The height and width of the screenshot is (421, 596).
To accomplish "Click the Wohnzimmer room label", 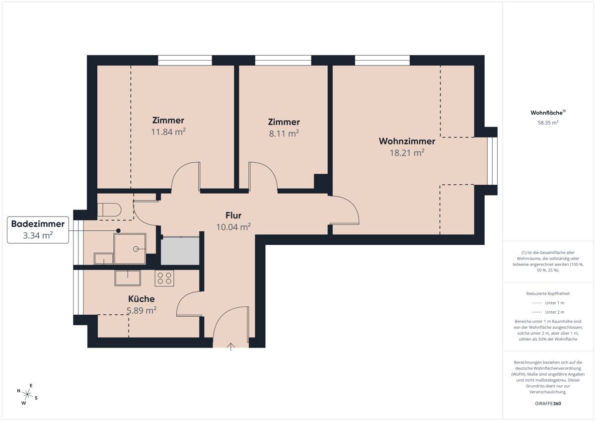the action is (x=407, y=141).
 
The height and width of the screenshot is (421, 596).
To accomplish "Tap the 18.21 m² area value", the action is (x=407, y=152).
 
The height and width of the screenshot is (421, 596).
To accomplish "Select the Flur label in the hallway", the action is (x=233, y=215).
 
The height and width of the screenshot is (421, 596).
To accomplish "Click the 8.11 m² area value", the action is (x=284, y=133).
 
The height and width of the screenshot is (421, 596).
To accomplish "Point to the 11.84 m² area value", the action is (x=168, y=132).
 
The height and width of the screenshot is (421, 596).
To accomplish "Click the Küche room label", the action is (x=141, y=299).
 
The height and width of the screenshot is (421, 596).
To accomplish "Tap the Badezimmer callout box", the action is (x=38, y=230).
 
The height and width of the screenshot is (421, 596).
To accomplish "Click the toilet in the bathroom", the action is (x=109, y=210).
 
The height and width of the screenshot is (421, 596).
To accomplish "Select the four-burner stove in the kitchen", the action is (x=164, y=278).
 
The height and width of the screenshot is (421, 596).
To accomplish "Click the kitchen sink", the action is (x=128, y=278).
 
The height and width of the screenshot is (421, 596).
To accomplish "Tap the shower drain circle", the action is (x=136, y=249).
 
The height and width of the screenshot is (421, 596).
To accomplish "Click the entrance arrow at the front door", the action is (x=230, y=347).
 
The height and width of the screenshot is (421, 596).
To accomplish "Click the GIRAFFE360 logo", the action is (x=548, y=404).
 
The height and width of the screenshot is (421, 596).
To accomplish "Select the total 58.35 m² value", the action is (x=548, y=123).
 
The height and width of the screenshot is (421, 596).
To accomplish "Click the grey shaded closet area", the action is (x=180, y=251).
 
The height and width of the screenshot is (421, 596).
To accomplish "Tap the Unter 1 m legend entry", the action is (x=548, y=303).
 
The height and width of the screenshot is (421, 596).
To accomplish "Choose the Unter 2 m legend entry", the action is (x=548, y=312).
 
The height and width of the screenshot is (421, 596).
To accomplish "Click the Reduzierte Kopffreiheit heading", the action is (x=548, y=293).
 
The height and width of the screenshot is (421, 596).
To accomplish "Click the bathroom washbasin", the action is (x=103, y=259).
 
